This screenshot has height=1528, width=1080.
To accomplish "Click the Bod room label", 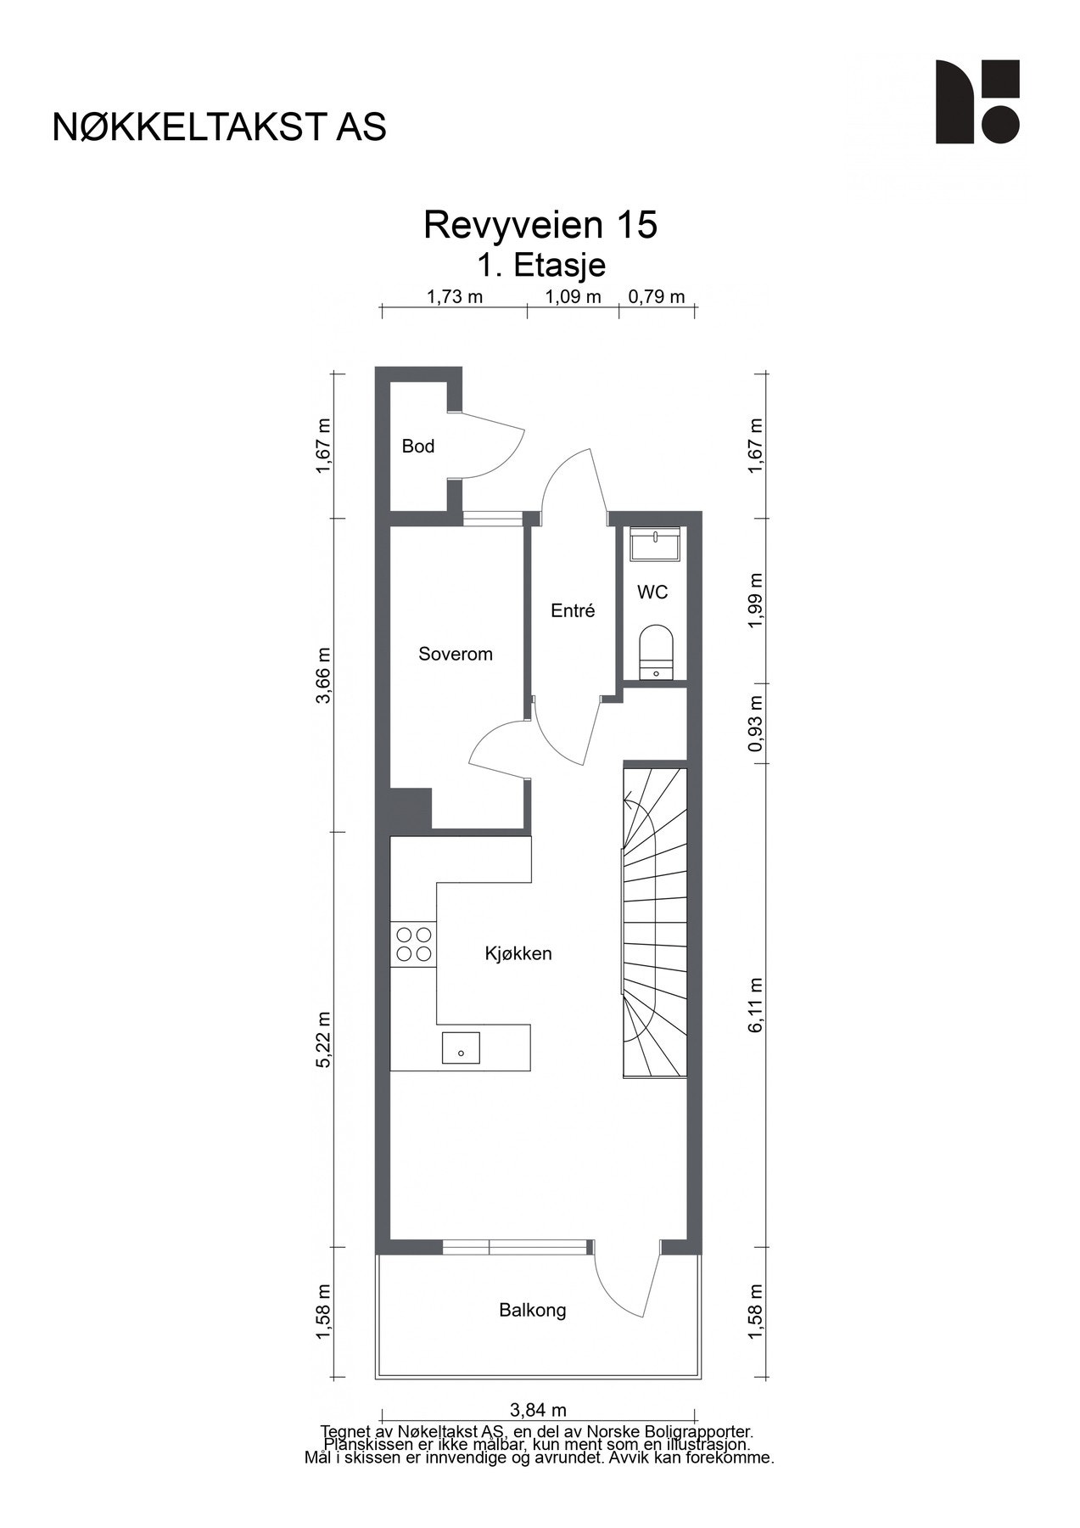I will tap(417, 447).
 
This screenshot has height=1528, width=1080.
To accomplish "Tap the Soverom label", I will tap(455, 654).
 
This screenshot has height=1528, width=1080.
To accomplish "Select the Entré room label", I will tap(573, 610).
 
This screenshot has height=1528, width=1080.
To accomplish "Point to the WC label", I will tap(652, 593).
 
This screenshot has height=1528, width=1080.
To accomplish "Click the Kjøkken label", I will tap(518, 954).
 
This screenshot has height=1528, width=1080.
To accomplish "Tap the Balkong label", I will tap(532, 1310).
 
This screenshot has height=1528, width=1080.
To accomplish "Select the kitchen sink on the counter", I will tap(460, 1048).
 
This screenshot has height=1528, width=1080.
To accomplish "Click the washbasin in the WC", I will tap(655, 544).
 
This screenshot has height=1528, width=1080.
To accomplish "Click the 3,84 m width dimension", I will tap(537, 1410).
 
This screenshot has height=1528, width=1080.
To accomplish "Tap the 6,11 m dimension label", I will tap(757, 1004).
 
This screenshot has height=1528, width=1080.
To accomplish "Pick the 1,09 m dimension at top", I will tap(572, 297).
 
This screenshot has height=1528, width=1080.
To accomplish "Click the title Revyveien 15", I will tap(540, 225).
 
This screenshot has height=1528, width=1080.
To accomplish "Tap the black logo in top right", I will tap(976, 101).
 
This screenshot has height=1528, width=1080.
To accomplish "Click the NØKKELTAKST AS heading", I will tap(219, 127).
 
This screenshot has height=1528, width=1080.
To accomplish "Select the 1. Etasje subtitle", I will tap(540, 265).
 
